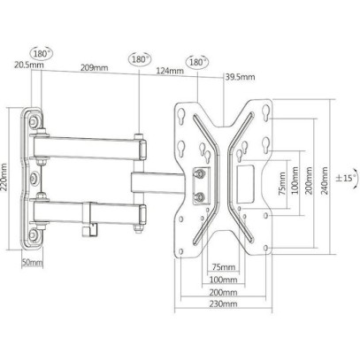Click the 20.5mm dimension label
pyautogui.click(x=28, y=65)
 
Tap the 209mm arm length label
pyautogui.click(x=95, y=67)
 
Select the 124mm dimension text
pyautogui.click(x=170, y=71)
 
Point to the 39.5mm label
pyautogui.click(x=241, y=77)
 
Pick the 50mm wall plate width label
pyautogui.click(x=32, y=262)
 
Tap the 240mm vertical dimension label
pyautogui.click(x=325, y=180)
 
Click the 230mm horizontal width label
pyautogui.click(x=223, y=303)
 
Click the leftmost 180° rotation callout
pyautogui.click(x=41, y=54)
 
